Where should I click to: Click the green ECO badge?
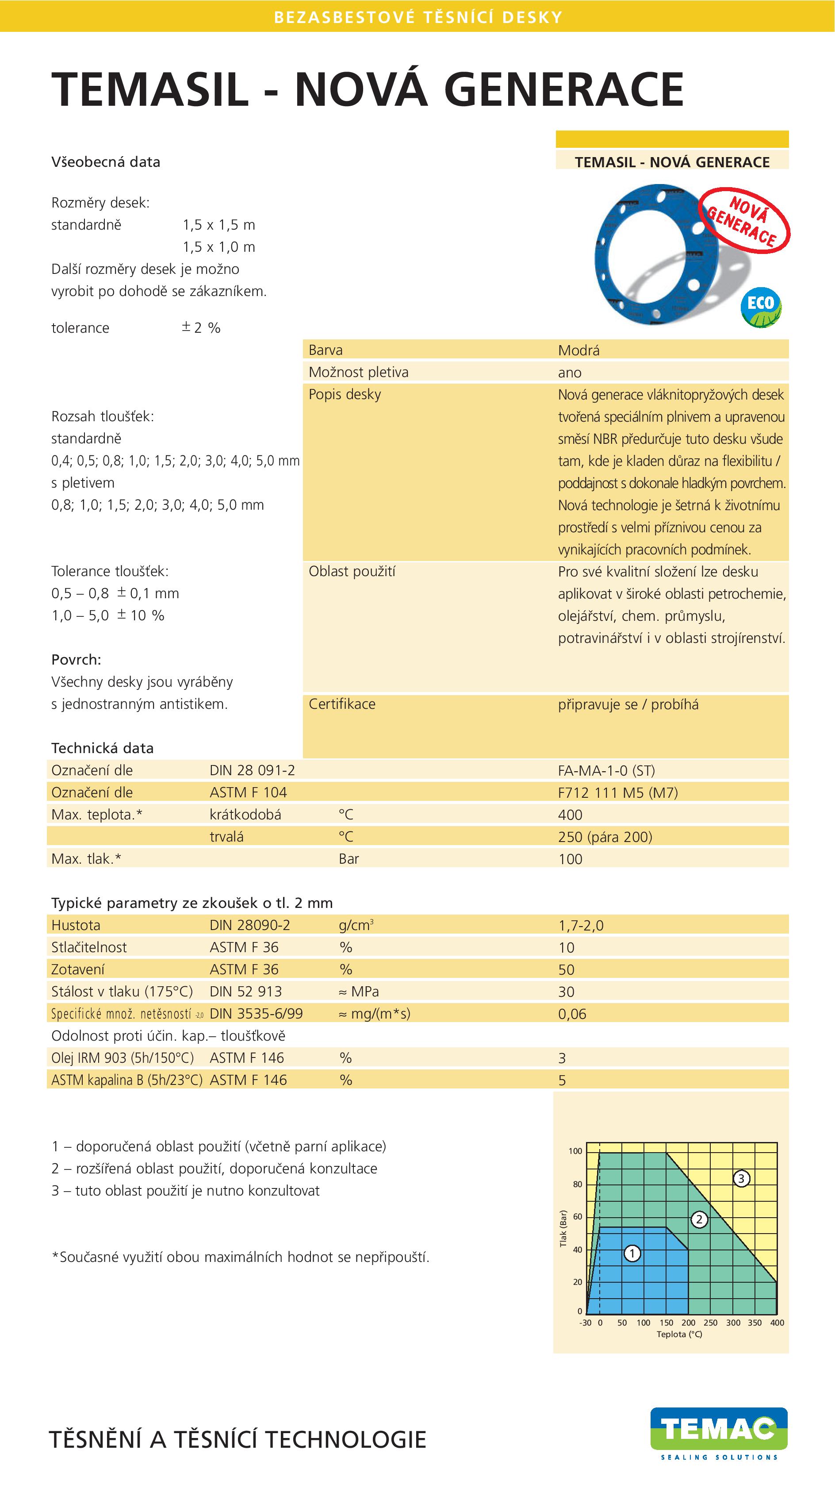[x=761, y=308]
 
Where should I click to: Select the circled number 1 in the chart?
[x=632, y=1253]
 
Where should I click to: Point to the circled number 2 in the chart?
[x=699, y=1219]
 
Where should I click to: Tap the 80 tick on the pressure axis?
[x=578, y=1184]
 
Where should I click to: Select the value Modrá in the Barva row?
[x=578, y=350]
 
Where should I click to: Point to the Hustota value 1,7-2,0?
[x=580, y=925]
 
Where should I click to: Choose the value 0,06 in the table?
[x=572, y=1014]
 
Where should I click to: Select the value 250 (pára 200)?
[x=605, y=836]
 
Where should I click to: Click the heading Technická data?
[x=102, y=748]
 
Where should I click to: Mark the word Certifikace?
[x=342, y=704]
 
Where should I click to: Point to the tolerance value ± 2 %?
[x=201, y=327]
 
